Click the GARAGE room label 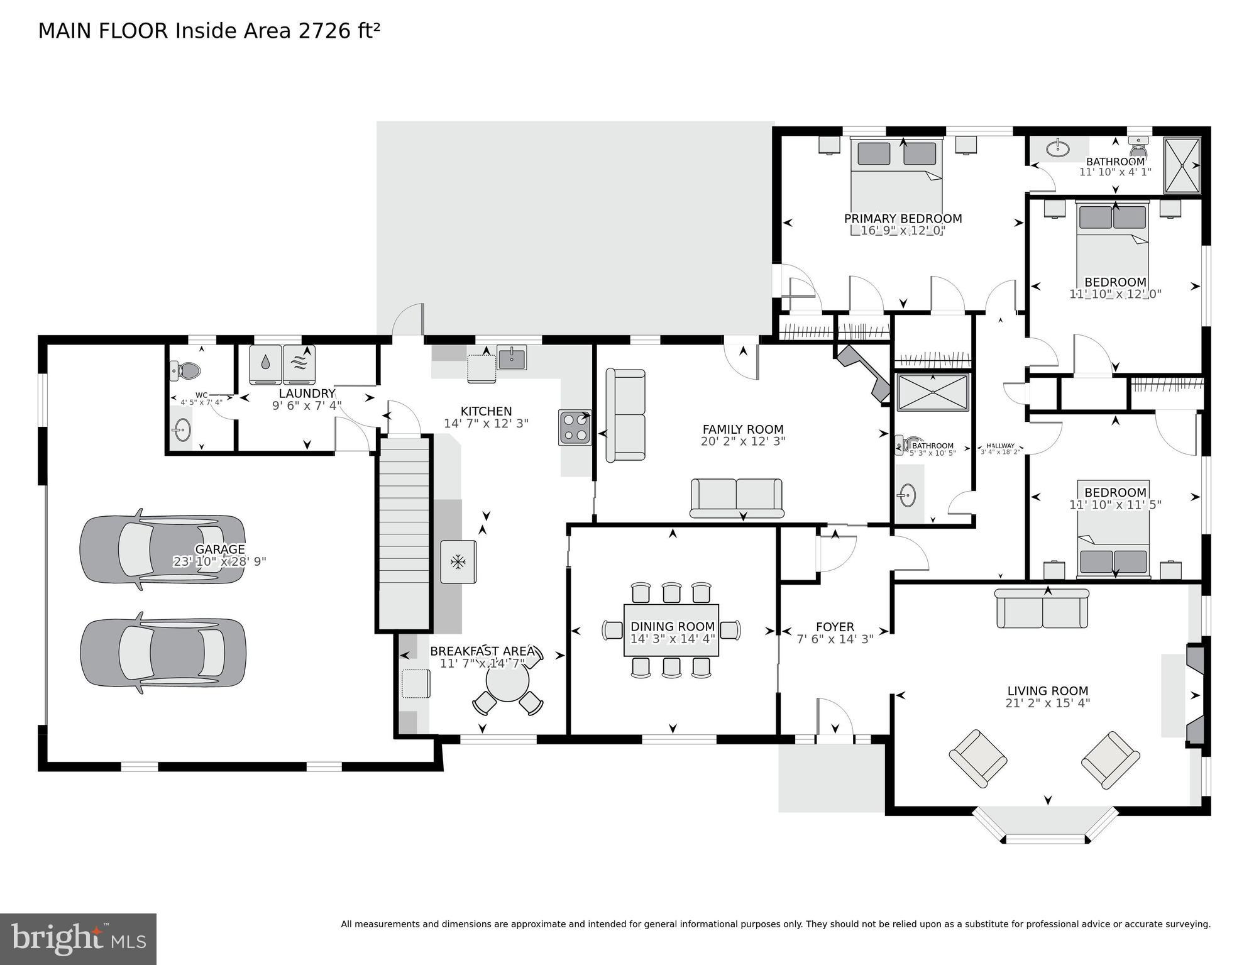click(219, 549)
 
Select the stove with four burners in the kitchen click(575, 427)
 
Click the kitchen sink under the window click(512, 358)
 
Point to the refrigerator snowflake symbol click(458, 561)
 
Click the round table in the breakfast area click(507, 682)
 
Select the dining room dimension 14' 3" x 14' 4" click(673, 639)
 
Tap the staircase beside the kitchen click(404, 534)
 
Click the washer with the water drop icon click(266, 364)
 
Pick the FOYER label click(835, 627)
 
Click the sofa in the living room click(1042, 609)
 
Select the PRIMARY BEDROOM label click(903, 219)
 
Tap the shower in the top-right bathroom click(1182, 165)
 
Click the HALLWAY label click(1000, 445)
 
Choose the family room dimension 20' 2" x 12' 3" click(743, 441)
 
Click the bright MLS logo click(78, 939)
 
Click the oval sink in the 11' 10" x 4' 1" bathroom click(1059, 149)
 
